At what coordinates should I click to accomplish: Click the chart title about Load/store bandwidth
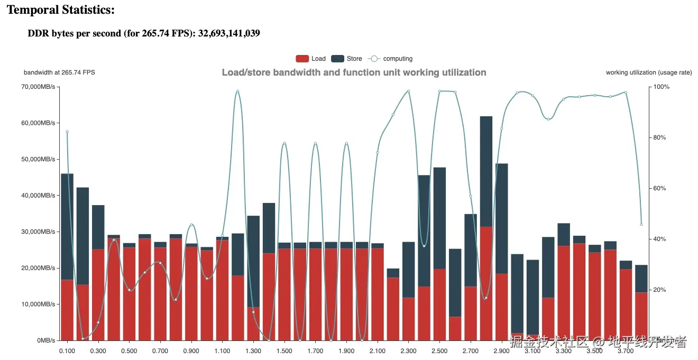[x=354, y=72]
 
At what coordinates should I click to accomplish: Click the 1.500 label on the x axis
[x=284, y=351]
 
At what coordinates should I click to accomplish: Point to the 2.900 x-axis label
[x=502, y=351]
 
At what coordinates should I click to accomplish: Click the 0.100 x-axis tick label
[x=67, y=351]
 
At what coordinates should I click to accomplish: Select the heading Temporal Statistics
[x=61, y=10]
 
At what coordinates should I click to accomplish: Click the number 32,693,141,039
[x=229, y=34]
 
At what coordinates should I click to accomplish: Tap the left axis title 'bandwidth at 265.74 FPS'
[x=59, y=72]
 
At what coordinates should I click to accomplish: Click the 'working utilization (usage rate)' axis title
[x=649, y=72]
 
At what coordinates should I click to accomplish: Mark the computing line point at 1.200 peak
[x=238, y=91]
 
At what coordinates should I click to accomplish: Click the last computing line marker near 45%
[x=641, y=224]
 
